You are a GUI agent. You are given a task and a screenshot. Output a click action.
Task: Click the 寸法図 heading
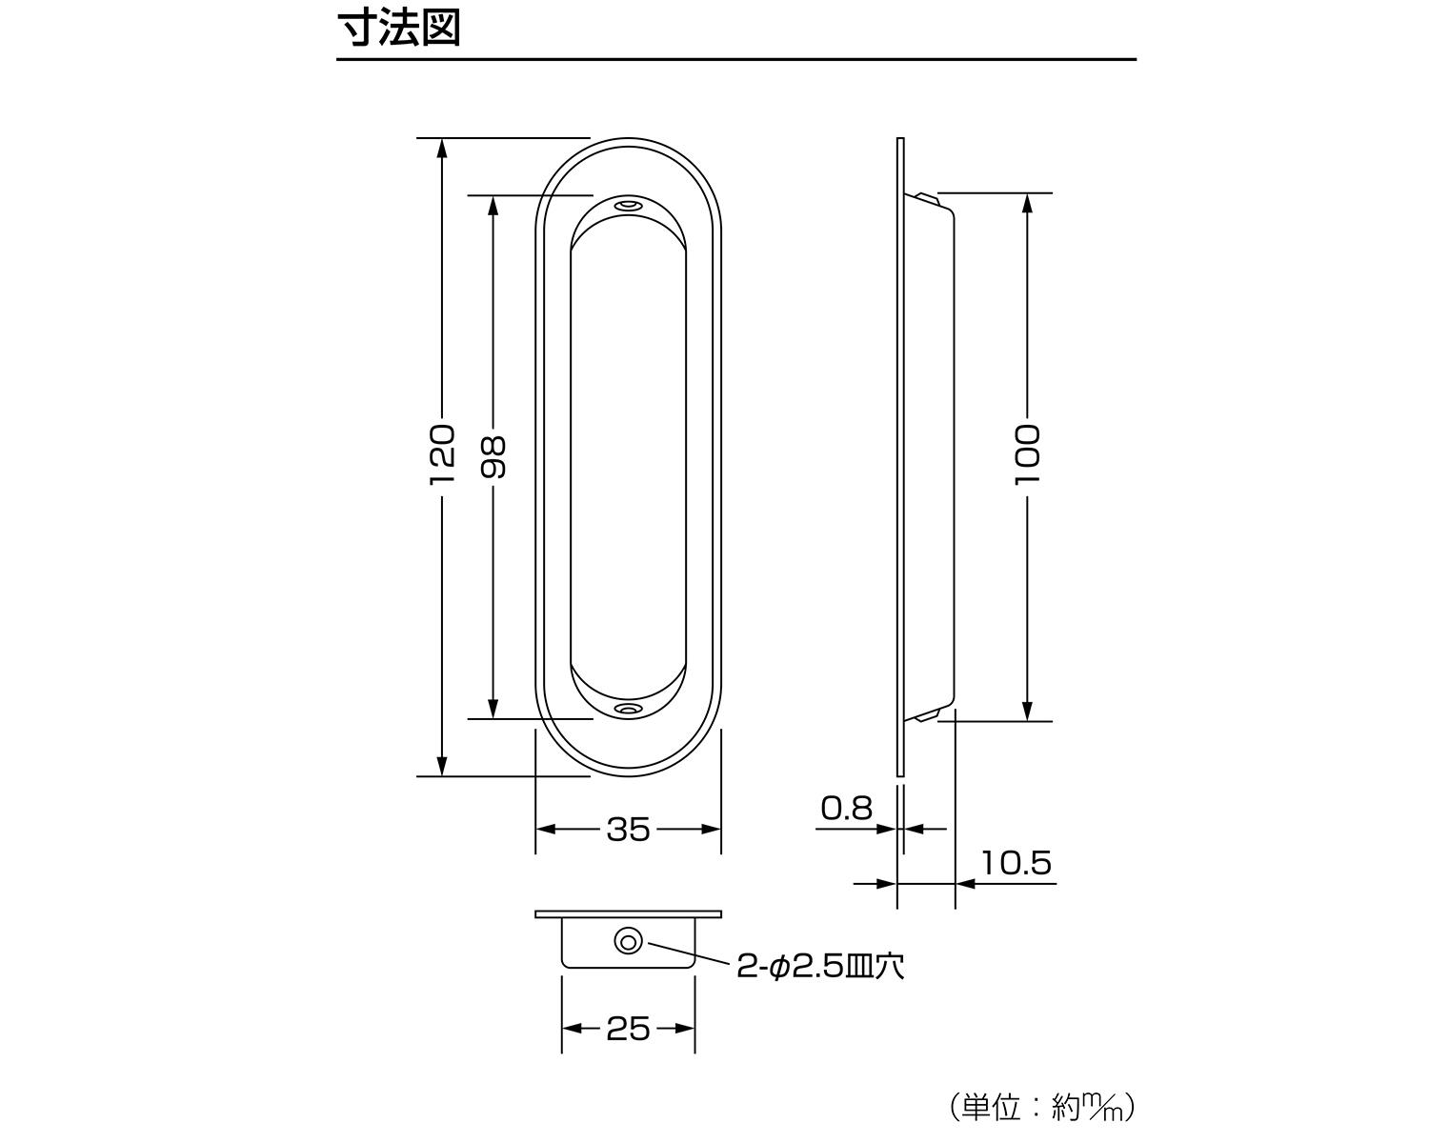(x=399, y=28)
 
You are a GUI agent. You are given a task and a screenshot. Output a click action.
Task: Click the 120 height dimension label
(x=442, y=455)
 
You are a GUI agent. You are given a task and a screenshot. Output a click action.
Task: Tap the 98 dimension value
(x=493, y=457)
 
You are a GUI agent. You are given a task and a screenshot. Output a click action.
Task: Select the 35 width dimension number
(x=628, y=830)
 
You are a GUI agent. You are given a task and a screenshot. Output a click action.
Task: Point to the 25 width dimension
(x=628, y=1029)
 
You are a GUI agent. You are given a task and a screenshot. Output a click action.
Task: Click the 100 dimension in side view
(x=1027, y=455)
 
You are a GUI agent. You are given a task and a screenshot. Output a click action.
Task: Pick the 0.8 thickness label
(x=846, y=809)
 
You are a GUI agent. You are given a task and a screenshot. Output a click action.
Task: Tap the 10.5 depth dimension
(x=1016, y=863)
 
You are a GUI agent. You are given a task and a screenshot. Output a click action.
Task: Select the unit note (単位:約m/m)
(x=1042, y=1107)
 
